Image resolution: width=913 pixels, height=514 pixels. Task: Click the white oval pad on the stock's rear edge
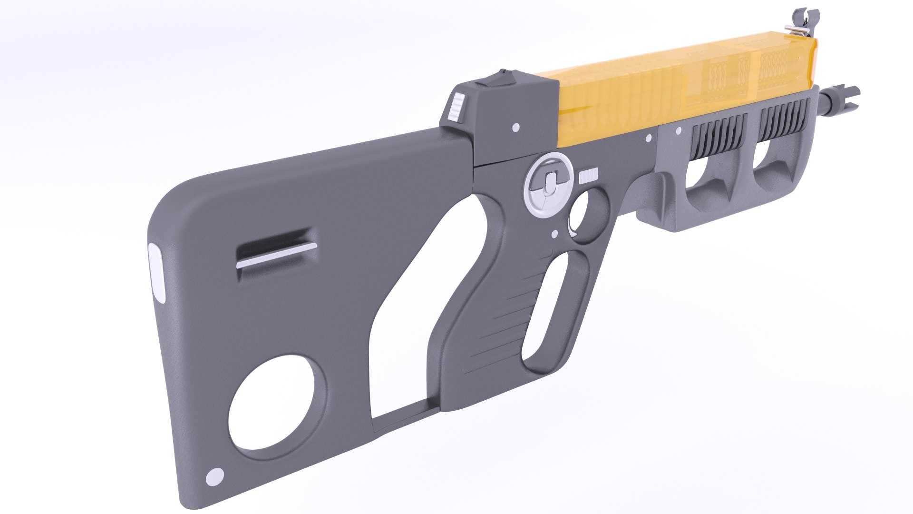(x=156, y=274)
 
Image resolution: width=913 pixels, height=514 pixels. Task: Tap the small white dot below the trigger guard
(x=554, y=234)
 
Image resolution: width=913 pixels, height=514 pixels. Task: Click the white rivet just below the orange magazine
(x=649, y=138)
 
